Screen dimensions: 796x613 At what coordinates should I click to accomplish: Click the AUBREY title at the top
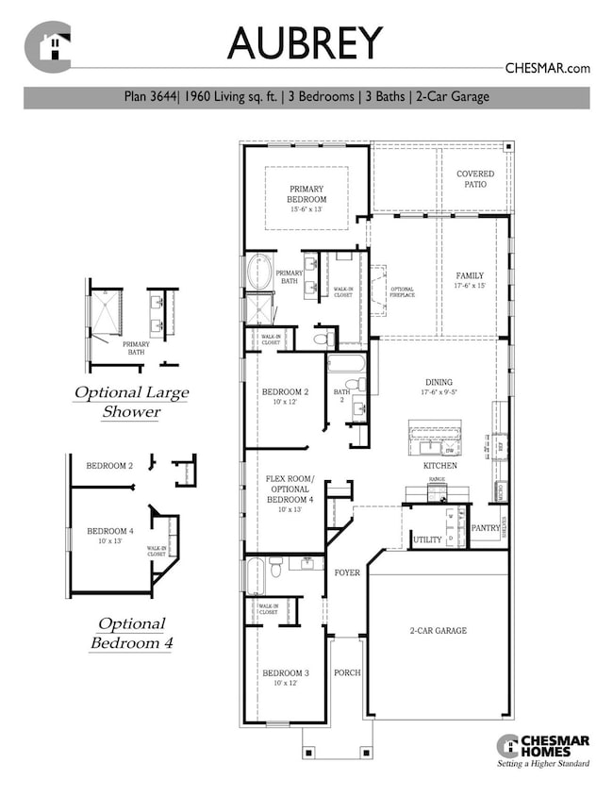pos(306,43)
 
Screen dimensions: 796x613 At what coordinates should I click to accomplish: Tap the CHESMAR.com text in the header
pos(547,68)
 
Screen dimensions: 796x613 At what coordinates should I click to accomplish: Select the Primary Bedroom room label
pos(306,194)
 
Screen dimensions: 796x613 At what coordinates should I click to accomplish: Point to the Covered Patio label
pos(475,179)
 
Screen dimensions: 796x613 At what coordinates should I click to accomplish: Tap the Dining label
pos(439,384)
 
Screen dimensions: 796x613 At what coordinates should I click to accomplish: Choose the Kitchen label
pos(439,466)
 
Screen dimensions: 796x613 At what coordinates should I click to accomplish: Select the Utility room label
pos(427,539)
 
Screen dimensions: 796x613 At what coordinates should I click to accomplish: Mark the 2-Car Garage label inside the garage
pos(438,631)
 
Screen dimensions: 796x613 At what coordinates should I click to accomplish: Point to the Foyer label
pos(348,572)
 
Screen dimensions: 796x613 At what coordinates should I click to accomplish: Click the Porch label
pos(348,673)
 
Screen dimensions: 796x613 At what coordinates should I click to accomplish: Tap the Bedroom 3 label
pos(285,672)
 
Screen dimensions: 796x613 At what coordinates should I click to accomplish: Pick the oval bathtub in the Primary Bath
pos(258,272)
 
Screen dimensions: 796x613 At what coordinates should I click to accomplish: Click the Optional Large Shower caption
pos(131,402)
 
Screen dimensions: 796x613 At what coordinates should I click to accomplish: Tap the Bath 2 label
pos(341,396)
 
